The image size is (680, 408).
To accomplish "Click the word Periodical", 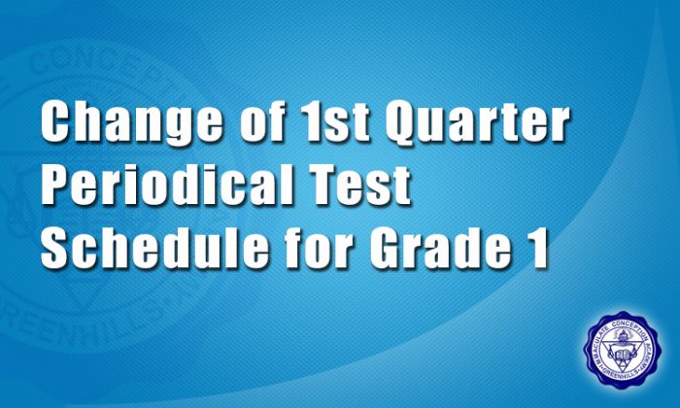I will point(166,187).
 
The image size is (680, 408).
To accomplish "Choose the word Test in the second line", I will point(365,187).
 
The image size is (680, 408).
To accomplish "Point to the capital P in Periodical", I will point(56,187).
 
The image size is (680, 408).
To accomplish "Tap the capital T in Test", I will point(326,187).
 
